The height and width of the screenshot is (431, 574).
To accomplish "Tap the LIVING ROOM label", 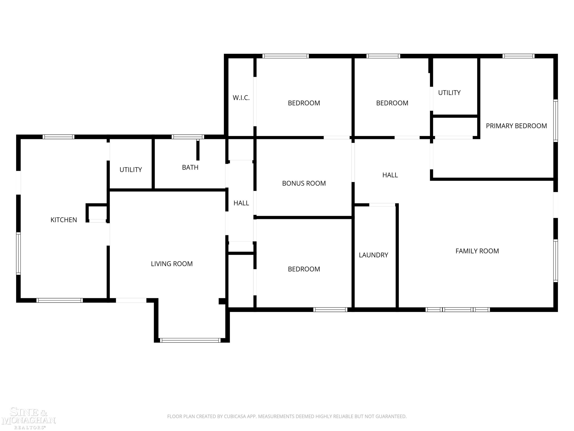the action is tap(172, 264).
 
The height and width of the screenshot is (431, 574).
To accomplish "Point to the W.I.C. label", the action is tap(241, 98).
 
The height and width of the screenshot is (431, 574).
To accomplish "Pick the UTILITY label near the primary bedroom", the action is tap(449, 93).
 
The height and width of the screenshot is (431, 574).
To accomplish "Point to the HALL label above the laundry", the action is tap(390, 175).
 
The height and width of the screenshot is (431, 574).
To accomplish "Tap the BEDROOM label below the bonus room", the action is tap(304, 269).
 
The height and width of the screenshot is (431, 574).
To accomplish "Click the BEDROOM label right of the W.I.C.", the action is tap(304, 103).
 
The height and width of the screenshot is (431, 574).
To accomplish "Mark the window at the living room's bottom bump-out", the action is tap(190, 340).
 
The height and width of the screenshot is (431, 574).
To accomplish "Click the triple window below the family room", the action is tap(458, 310).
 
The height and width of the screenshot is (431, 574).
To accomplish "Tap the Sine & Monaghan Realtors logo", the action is tap(29, 418).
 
